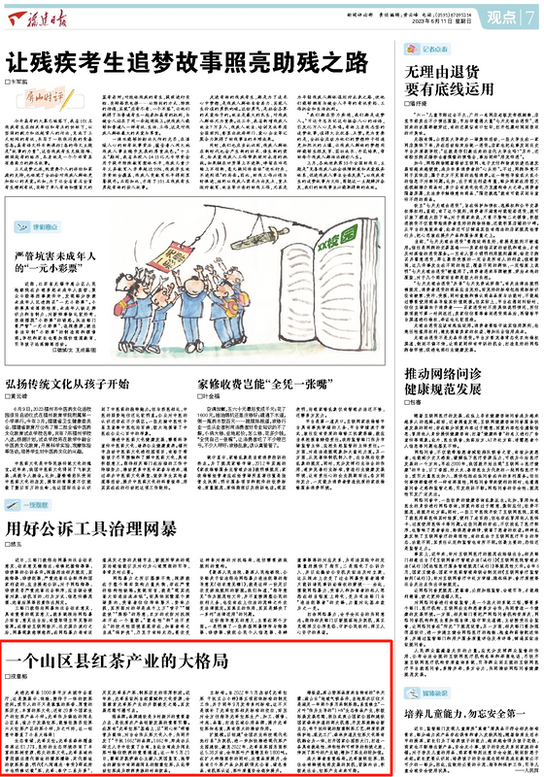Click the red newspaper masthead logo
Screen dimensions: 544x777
click(x=41, y=17)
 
